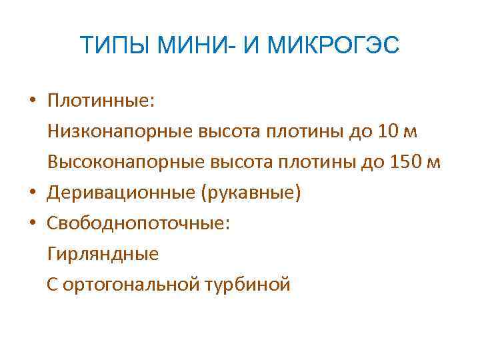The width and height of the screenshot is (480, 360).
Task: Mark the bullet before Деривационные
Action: (x=32, y=194)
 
